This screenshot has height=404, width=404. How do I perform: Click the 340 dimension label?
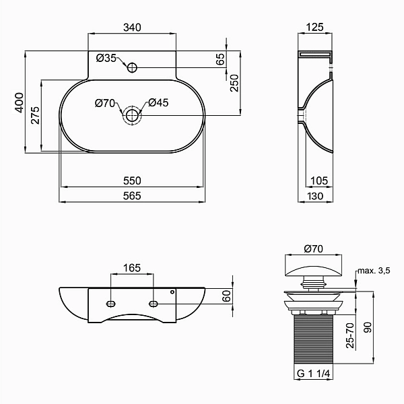click(x=132, y=28)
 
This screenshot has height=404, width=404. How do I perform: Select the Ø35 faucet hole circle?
click(x=132, y=68)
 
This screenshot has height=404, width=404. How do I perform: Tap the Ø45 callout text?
click(x=158, y=103)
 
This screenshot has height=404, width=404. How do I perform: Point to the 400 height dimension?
click(x=19, y=103)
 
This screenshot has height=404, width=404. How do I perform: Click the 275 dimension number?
click(x=35, y=115)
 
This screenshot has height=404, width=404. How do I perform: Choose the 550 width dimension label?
click(x=132, y=180)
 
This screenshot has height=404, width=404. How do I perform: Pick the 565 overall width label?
click(x=132, y=196)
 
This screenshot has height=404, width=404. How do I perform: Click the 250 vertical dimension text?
click(x=234, y=83)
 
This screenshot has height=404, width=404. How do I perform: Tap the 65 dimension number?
click(x=220, y=59)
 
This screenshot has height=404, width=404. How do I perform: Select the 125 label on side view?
click(x=314, y=27)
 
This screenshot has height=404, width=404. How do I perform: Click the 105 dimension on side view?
click(x=319, y=180)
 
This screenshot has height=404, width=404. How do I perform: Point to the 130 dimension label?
click(x=315, y=197)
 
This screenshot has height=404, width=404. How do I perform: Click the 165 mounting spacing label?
click(x=132, y=268)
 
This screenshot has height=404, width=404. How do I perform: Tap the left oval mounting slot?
click(x=111, y=304)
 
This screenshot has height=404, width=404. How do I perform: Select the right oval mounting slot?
click(x=154, y=304)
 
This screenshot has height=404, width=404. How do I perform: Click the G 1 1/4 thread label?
click(x=313, y=373)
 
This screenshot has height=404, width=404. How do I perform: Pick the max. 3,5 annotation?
click(x=374, y=271)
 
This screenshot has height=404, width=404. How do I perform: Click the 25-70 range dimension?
click(x=350, y=335)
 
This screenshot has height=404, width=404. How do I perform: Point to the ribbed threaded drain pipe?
click(x=314, y=339)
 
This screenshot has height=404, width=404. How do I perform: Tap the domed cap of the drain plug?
click(x=314, y=271)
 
